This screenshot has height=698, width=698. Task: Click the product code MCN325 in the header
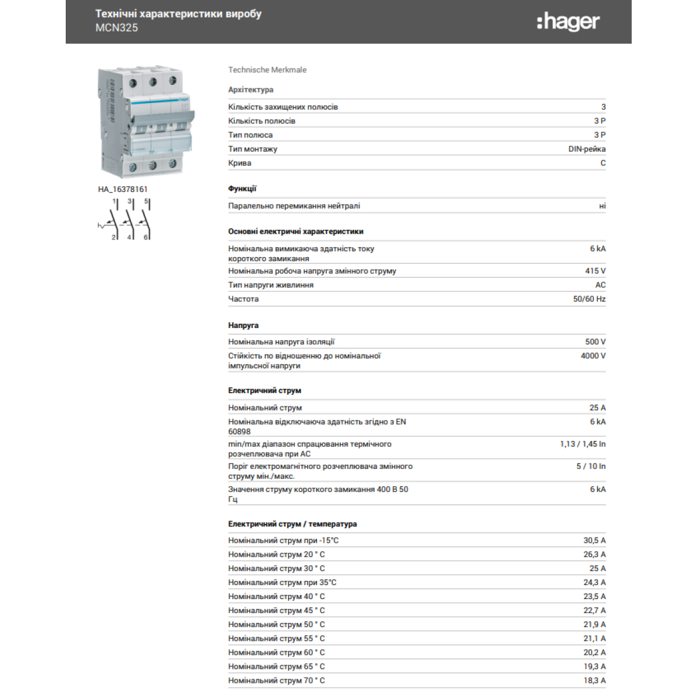116,27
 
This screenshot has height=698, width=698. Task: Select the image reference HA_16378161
123,189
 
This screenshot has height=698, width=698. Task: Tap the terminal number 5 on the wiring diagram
145,201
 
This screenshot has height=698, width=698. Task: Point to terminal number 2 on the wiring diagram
113,237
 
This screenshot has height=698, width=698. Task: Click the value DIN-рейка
586,149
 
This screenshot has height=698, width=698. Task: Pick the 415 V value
595,271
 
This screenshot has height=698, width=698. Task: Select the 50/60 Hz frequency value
589,299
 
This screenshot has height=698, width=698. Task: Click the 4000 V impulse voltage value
593,356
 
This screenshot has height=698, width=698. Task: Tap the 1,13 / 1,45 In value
582,444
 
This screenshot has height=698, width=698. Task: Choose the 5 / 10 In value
590,466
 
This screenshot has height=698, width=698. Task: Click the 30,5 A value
594,540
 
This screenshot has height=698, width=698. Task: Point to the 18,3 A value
594,681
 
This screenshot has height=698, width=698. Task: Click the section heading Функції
242,188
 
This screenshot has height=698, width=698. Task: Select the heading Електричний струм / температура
292,524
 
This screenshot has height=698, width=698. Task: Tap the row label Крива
240,163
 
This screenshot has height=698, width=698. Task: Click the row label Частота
243,299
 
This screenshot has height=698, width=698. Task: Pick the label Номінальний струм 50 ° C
276,625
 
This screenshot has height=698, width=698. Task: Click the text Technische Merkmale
267,70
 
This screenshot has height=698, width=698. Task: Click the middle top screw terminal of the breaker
152,82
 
